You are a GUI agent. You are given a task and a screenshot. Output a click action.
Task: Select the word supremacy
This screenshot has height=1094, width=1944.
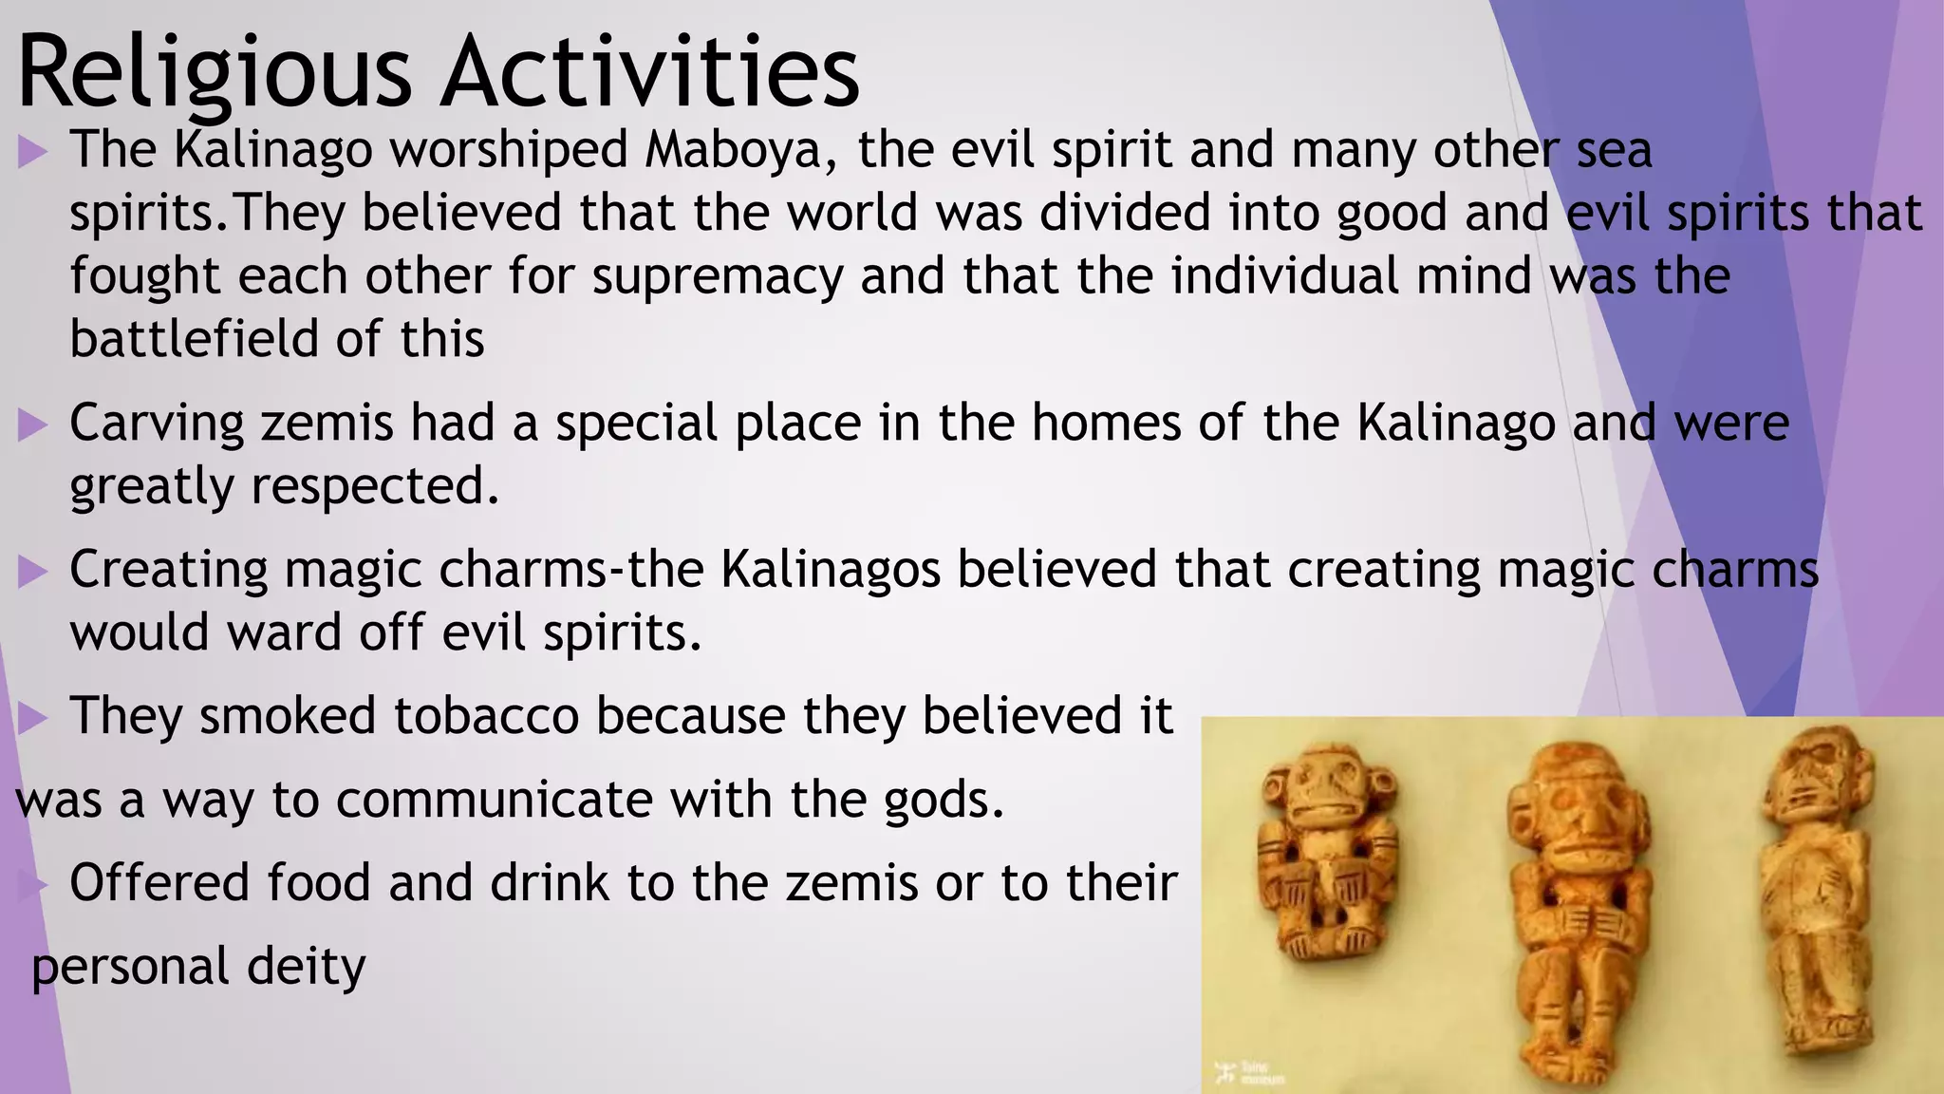718,276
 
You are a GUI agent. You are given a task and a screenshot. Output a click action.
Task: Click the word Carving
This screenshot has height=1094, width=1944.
157,424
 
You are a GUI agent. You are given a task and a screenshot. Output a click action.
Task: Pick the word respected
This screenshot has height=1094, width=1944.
375,486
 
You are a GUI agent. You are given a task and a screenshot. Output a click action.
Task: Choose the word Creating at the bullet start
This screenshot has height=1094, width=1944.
168,571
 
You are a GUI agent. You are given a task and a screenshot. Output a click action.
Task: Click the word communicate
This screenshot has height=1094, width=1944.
494,799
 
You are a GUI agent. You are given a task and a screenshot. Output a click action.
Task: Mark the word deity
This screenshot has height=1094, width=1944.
306,967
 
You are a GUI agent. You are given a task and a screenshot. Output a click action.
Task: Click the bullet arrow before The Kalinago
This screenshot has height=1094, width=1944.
32,152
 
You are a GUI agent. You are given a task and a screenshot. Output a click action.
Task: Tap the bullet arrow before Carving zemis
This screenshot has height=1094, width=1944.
32,424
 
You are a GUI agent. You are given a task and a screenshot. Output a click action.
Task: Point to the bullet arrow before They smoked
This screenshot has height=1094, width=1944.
32,718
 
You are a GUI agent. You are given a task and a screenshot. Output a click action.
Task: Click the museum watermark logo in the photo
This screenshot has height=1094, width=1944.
1249,1073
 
